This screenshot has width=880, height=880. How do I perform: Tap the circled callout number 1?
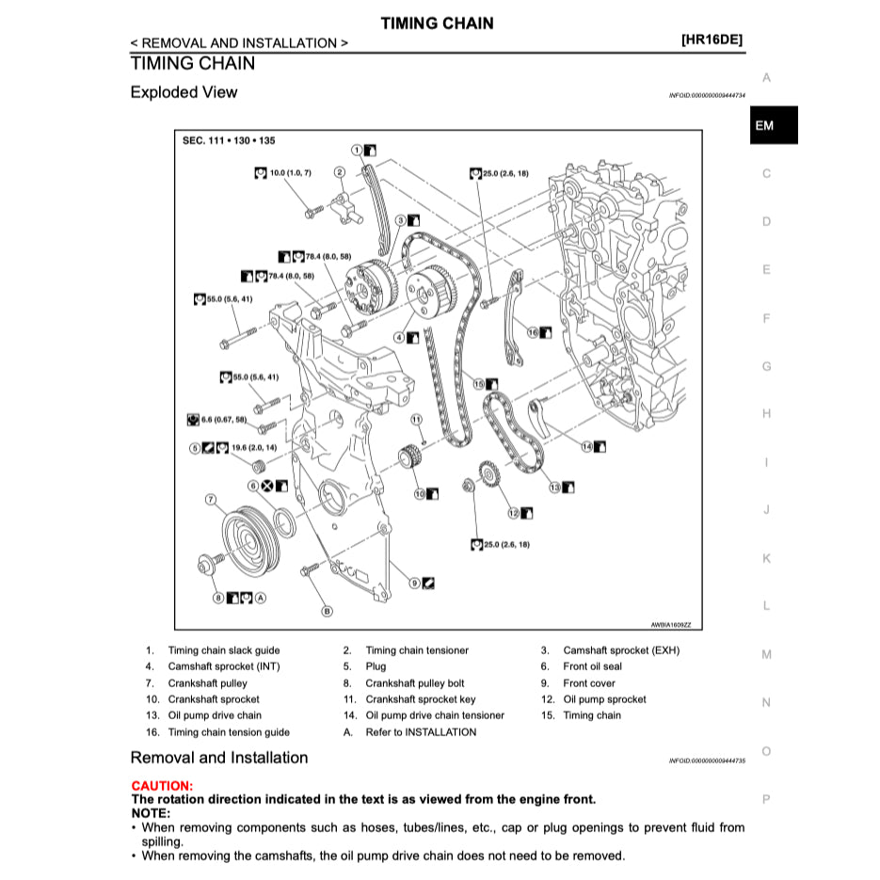click(x=358, y=150)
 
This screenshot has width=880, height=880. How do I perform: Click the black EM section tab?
click(x=773, y=125)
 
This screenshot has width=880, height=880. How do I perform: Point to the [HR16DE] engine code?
click(x=712, y=41)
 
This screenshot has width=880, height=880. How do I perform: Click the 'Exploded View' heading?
click(x=184, y=92)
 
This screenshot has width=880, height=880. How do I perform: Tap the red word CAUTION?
click(x=162, y=786)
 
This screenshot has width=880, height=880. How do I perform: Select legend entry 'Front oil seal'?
click(x=592, y=666)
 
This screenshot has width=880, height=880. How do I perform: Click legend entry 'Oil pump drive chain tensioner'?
click(x=435, y=715)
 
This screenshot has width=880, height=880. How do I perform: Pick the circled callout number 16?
click(x=533, y=332)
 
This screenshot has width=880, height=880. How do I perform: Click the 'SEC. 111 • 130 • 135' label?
click(x=229, y=141)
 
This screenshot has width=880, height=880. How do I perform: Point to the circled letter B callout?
click(x=328, y=611)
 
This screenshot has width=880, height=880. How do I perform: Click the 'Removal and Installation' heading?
click(x=218, y=758)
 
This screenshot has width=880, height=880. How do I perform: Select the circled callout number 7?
click(x=212, y=499)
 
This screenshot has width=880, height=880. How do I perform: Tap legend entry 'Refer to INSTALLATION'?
click(x=421, y=732)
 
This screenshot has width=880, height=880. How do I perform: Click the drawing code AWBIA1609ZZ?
click(x=677, y=624)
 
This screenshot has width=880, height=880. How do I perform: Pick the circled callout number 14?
click(x=586, y=446)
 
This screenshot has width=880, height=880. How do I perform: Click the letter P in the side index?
click(x=766, y=799)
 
